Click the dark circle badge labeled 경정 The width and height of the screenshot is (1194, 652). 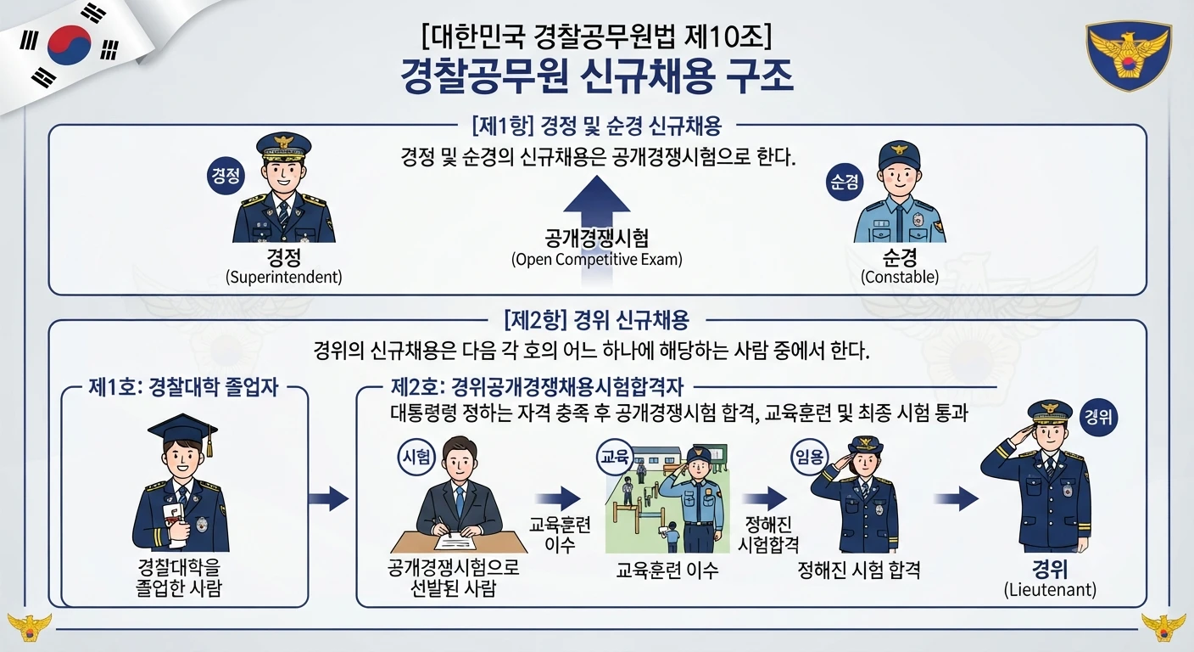pyautogui.click(x=226, y=176)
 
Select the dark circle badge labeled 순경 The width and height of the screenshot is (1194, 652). pyautogui.click(x=845, y=182)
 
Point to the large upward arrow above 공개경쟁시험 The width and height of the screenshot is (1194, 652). pyautogui.click(x=596, y=208)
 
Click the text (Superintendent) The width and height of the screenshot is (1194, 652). pyautogui.click(x=283, y=277)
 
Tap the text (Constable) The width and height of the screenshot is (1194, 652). pyautogui.click(x=900, y=277)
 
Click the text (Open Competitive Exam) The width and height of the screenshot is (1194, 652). pyautogui.click(x=596, y=259)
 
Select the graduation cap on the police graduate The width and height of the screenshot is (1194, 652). pyautogui.click(x=184, y=431)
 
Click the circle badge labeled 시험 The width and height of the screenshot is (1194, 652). pyautogui.click(x=416, y=457)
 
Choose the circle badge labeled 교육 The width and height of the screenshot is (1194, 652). pyautogui.click(x=615, y=457)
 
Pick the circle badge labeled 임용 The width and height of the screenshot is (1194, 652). pyautogui.click(x=809, y=457)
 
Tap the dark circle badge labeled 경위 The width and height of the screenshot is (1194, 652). pyautogui.click(x=1098, y=417)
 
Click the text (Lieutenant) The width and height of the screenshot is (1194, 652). pyautogui.click(x=1050, y=589)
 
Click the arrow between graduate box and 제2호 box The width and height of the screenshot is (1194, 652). pyautogui.click(x=328, y=499)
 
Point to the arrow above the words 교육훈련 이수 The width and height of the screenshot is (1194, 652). pyautogui.click(x=558, y=499)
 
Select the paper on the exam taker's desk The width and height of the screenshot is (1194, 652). pyautogui.click(x=455, y=542)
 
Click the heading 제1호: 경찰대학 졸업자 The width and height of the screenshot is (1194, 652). pyautogui.click(x=183, y=387)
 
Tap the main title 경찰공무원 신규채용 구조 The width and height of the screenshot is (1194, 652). pyautogui.click(x=596, y=76)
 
